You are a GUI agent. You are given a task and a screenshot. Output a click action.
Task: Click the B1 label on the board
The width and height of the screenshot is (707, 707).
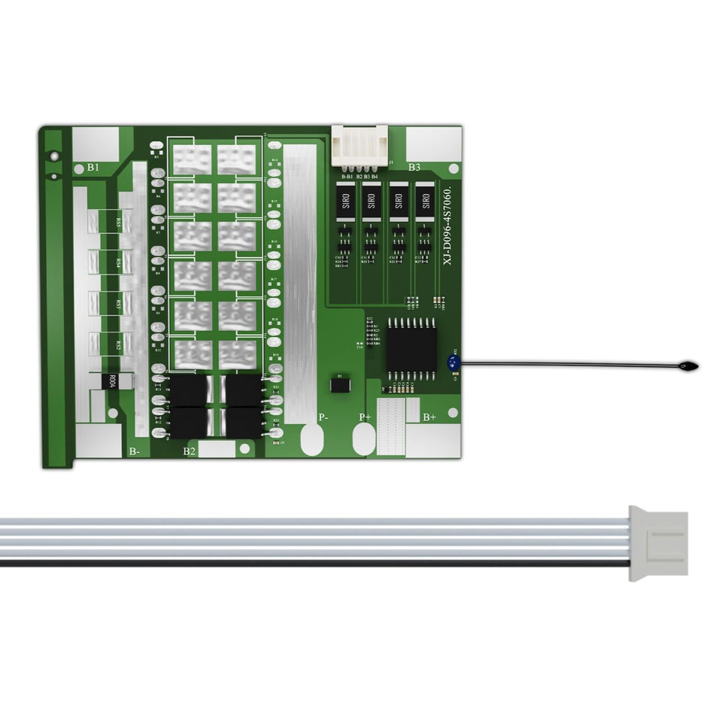point(93,167)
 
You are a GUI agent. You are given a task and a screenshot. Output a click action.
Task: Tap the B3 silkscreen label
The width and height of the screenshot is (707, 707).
point(414,167)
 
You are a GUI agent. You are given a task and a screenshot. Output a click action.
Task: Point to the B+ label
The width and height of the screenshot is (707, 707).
point(429,417)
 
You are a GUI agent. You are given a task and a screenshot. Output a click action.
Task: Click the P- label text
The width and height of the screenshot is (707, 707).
point(323,417)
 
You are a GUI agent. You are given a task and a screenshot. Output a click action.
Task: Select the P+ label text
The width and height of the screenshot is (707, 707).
point(366,417)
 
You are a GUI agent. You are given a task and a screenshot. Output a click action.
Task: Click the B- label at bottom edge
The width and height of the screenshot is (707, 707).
point(133,451)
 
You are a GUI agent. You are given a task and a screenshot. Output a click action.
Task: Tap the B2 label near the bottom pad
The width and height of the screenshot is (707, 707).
point(190,451)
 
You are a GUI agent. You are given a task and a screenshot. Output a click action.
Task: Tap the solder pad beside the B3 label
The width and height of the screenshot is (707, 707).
point(434,143)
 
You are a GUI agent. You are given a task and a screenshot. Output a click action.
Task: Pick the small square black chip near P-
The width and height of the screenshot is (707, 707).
point(340,384)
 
